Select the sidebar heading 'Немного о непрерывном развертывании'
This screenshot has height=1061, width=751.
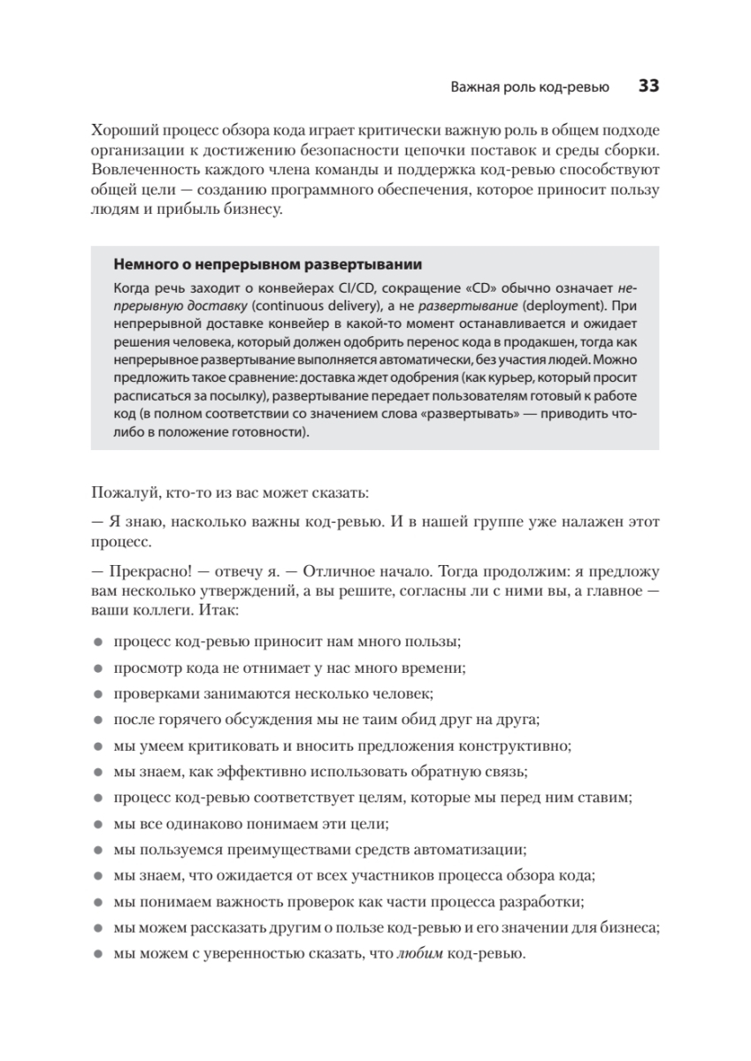point(268,265)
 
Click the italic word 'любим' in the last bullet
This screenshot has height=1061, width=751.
point(418,954)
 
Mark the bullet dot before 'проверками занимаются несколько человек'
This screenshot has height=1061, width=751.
point(97,695)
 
